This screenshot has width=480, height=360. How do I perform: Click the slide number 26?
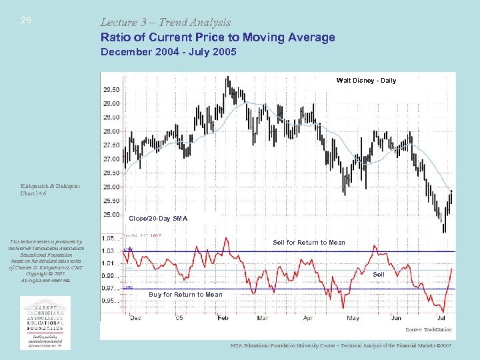26,21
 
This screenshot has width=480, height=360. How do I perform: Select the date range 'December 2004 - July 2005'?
168,52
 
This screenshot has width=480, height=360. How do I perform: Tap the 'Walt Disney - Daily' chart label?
366,81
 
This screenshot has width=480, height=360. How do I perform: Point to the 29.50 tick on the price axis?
111,89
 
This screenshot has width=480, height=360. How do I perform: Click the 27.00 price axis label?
111,159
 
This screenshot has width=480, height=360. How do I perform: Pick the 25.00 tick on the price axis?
111,215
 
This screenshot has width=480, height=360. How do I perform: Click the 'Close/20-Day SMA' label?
158,219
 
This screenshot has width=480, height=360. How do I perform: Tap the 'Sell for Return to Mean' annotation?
309,242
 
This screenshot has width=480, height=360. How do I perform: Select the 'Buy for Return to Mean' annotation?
185,295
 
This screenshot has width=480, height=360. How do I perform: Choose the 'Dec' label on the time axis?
135,319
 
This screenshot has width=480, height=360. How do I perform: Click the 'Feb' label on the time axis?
223,319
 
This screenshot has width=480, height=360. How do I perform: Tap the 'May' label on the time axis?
353,319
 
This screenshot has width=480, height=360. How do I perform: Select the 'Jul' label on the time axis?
441,319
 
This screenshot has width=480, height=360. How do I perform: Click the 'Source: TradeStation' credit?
428,330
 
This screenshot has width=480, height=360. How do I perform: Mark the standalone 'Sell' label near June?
378,275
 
